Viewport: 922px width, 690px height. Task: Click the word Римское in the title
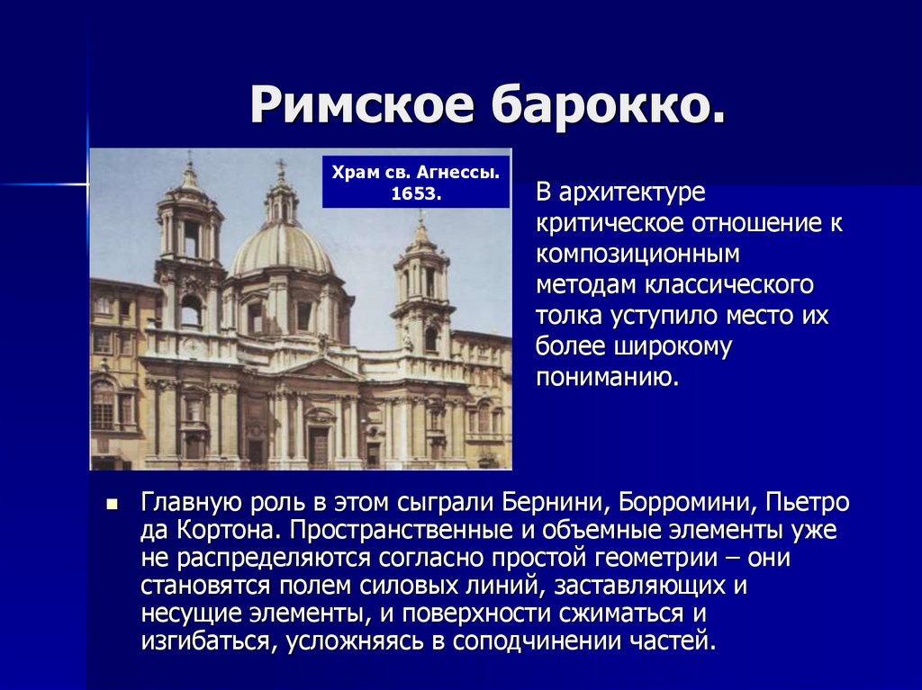362,104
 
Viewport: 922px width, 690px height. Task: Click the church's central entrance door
319,447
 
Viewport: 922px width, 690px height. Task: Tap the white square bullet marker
113,505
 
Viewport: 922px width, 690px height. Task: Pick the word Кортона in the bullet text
226,531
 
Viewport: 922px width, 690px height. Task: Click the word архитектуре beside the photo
631,193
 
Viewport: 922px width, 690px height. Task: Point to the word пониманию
608,377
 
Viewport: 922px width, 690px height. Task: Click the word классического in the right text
729,285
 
